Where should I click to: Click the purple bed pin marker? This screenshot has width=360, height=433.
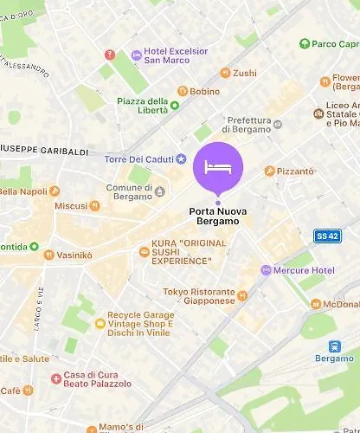218,166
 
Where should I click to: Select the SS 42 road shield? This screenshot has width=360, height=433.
325,235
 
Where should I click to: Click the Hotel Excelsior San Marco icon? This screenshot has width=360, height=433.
136,55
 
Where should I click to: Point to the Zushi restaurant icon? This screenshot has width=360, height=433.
224,73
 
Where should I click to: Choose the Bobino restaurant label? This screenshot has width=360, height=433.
204,91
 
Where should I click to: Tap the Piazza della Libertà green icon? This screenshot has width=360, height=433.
175,106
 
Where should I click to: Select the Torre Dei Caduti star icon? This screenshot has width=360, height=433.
181,158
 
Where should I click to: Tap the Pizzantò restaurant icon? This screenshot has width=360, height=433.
269,171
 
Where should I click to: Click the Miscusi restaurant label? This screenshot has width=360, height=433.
71,206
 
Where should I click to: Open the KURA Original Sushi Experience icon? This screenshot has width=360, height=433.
145,252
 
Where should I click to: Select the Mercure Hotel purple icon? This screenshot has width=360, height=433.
267,270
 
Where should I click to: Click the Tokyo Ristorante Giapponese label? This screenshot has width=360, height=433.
199,296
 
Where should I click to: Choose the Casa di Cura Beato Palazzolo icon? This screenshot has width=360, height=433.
56,377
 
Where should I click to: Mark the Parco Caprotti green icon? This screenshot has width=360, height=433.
305,43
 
